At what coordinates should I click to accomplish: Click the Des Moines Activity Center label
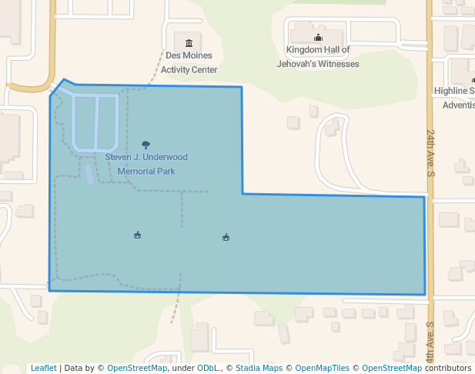[x=190, y=62]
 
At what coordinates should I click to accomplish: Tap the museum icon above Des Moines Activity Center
[x=189, y=39]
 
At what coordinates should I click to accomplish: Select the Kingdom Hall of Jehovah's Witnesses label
[x=318, y=57]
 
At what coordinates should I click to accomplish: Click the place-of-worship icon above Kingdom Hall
[x=318, y=38]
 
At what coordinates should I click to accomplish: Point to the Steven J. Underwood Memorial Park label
[x=146, y=164]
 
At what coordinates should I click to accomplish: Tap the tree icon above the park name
[x=146, y=144]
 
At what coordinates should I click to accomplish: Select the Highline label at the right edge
[x=454, y=91]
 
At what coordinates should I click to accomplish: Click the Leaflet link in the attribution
[x=44, y=368]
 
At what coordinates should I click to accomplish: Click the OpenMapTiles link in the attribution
[x=322, y=368]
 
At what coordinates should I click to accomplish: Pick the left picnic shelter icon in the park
[x=137, y=235]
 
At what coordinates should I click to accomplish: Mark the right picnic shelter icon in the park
[x=226, y=237]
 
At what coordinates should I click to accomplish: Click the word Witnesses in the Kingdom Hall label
[x=336, y=64]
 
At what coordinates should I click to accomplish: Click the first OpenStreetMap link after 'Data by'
[x=137, y=368]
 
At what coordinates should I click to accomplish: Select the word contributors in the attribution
[x=447, y=368]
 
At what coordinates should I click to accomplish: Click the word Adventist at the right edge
[x=459, y=105]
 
